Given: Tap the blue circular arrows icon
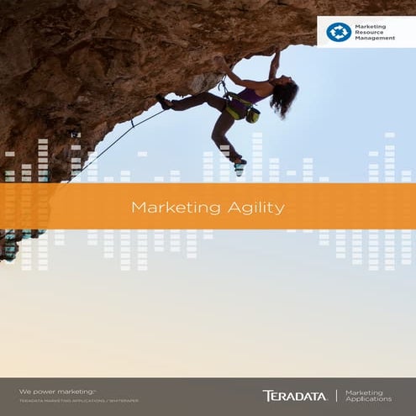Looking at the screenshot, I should (338, 32).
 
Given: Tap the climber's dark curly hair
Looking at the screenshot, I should (285, 97).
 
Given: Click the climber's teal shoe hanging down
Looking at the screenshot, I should (240, 168).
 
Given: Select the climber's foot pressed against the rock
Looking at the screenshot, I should (163, 101).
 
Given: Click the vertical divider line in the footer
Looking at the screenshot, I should (335, 395).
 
